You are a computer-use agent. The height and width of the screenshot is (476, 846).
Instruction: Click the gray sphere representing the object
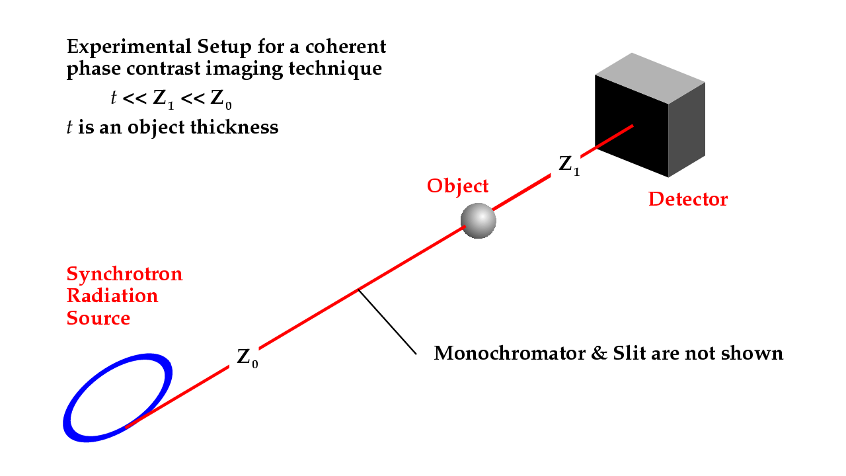478,221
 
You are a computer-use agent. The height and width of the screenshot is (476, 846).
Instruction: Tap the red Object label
458,186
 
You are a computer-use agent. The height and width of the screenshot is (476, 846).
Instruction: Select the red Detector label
688,199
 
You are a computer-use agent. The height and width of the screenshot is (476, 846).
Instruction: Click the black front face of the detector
631,126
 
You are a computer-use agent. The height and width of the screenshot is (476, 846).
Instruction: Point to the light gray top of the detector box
650,78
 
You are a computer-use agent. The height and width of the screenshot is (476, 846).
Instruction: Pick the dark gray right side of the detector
687,130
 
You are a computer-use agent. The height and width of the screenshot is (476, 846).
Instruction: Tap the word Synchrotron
125,274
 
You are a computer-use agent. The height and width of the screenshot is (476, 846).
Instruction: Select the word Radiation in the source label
112,296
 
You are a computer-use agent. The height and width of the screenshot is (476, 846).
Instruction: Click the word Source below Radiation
98,318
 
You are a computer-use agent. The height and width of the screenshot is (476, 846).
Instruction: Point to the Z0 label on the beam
247,358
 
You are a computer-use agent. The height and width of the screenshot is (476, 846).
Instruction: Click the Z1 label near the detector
569,165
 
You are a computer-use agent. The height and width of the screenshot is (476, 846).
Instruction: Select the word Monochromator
510,353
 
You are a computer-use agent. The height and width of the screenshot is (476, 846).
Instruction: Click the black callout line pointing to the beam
387,322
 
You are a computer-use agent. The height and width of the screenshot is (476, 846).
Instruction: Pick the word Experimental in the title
129,48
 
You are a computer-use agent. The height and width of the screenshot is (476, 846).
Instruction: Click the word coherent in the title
346,47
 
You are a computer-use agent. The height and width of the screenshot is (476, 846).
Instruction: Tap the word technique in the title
335,69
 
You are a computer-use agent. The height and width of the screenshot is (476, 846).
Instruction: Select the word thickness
234,128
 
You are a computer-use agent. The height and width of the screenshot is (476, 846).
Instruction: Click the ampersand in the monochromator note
599,353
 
